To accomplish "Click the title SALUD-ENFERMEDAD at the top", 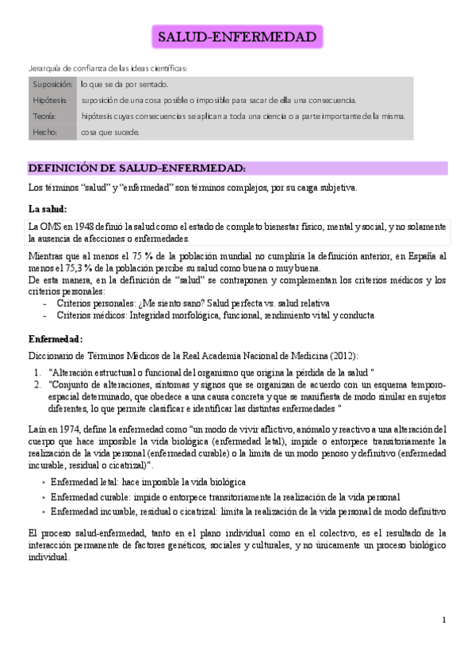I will pos(237,37).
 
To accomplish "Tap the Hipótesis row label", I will pos(50,100).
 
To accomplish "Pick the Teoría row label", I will pos(45,116).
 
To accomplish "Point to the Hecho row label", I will pos(45,132).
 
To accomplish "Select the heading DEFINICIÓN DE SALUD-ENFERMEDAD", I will pos(136,168).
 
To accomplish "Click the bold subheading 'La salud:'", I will pos(48,208).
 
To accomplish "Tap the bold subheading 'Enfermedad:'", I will pos(56,338).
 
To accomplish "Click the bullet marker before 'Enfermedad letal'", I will pos(42,482).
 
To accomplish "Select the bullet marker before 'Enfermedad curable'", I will pos(42,497).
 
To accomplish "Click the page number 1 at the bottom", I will pos(444,619).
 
